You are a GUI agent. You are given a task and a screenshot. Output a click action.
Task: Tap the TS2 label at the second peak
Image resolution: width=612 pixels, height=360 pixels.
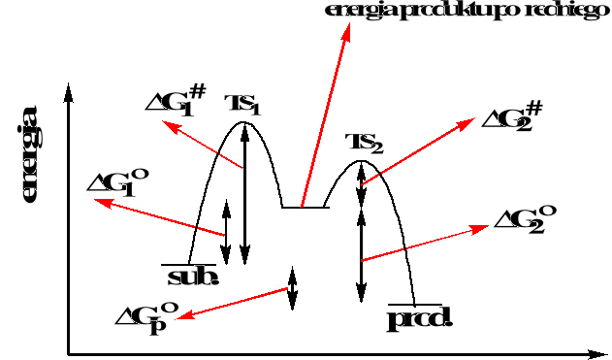365,144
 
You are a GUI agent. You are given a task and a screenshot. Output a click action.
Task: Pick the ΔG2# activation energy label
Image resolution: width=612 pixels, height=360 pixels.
512,116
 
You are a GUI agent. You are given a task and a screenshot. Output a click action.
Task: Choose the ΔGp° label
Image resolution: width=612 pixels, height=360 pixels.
145,315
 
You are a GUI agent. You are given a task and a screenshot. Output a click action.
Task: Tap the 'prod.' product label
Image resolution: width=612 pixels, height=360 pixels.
420,318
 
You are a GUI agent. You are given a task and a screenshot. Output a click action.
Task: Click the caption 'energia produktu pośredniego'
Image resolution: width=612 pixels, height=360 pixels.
453,11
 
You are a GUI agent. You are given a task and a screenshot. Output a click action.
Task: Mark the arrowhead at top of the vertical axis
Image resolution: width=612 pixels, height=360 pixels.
68,91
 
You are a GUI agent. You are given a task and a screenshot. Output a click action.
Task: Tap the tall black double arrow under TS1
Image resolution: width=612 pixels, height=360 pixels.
244,194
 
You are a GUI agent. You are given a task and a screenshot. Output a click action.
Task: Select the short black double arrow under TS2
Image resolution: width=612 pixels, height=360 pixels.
362,184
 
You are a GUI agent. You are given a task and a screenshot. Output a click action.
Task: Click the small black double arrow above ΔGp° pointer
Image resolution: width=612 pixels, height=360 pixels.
292,286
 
